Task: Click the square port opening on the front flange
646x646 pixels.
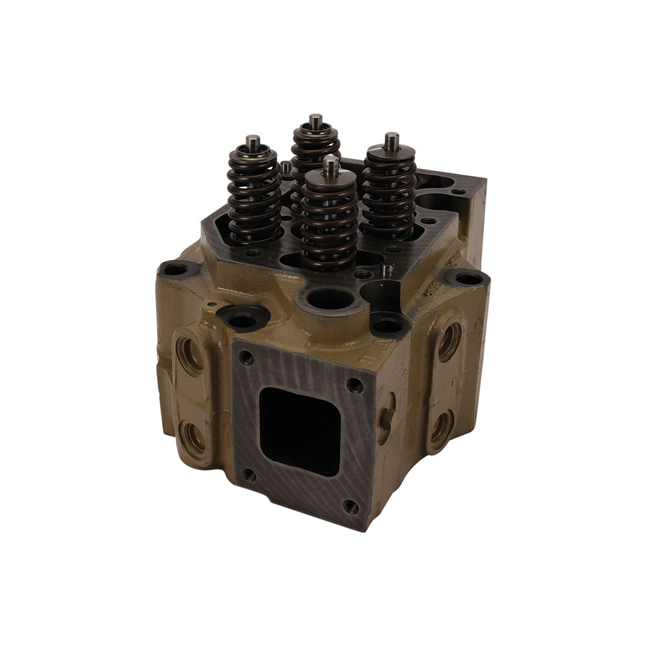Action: click(299, 431)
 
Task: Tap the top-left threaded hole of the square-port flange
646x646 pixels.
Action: click(247, 358)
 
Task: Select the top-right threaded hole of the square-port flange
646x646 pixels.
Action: click(355, 384)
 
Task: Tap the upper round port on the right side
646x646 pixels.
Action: click(449, 341)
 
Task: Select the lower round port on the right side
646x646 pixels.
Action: click(440, 428)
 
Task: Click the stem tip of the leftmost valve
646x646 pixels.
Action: click(252, 141)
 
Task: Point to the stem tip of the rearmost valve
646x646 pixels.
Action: click(315, 119)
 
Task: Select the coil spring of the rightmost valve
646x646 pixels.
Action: click(389, 192)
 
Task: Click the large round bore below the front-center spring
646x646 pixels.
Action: click(326, 298)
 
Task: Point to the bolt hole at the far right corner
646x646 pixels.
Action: click(468, 278)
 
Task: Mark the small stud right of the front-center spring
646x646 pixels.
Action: click(387, 270)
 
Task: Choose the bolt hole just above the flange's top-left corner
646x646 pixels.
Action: click(243, 320)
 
